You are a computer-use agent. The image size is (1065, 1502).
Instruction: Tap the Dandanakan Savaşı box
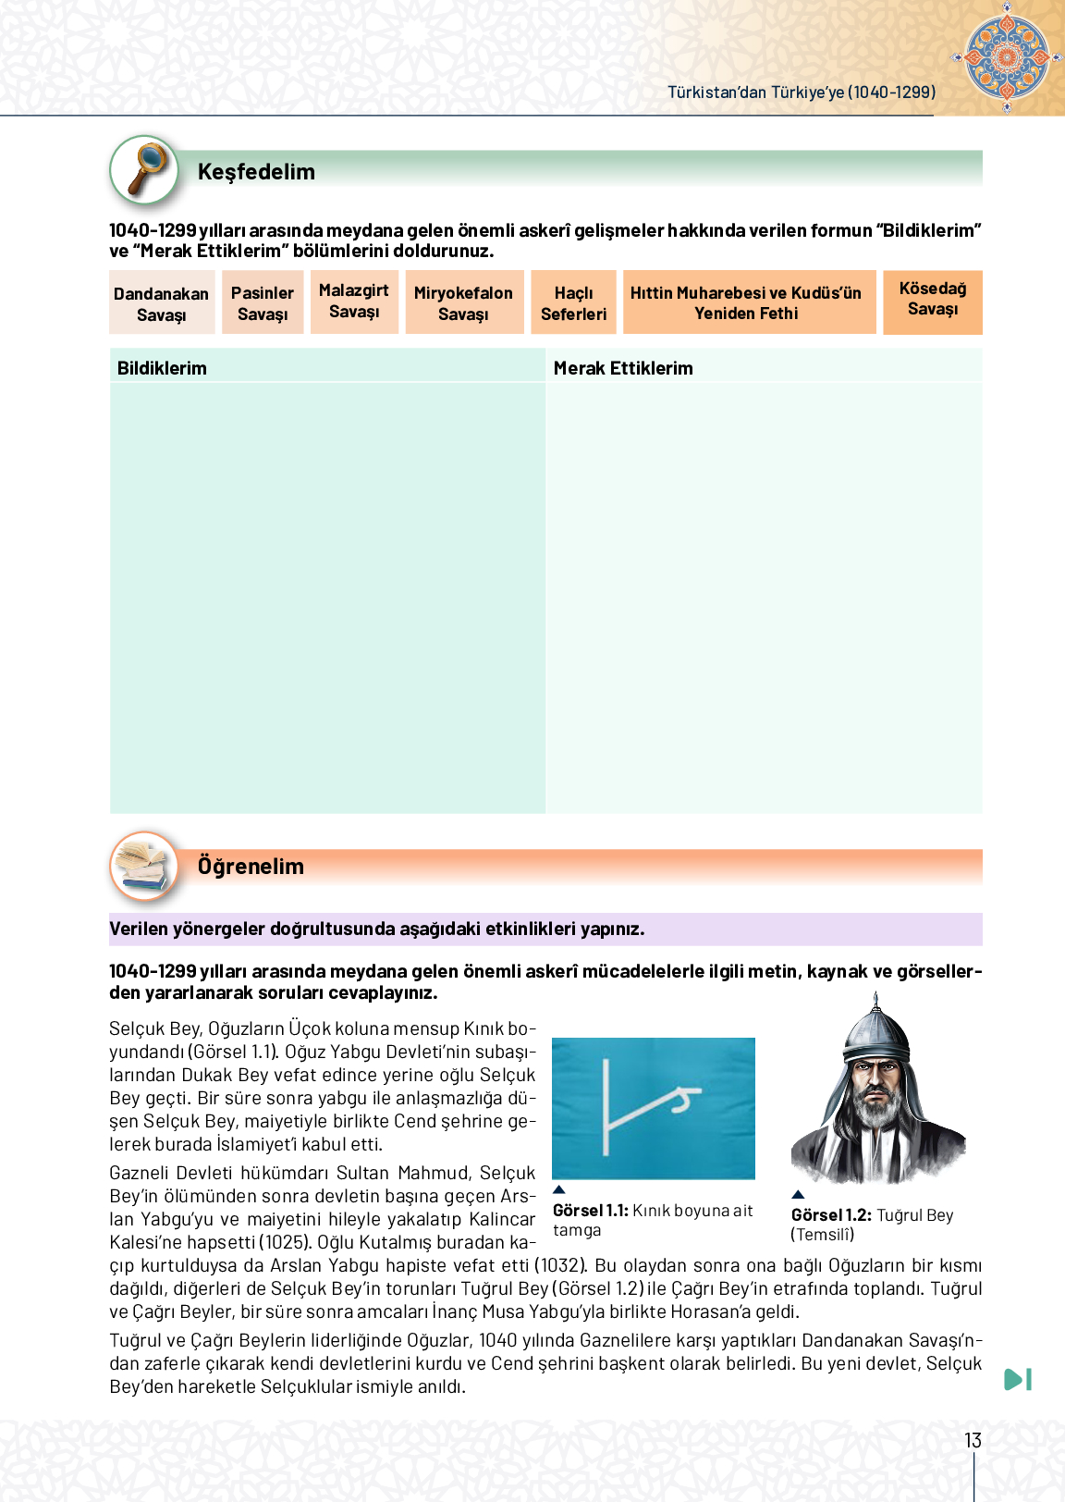162,303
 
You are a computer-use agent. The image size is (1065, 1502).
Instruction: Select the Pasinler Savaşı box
263,303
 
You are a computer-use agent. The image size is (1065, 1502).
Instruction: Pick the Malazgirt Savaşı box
354,302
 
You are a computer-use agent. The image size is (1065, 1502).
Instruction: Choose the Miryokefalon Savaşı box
463,303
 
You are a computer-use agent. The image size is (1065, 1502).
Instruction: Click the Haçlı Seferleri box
573,303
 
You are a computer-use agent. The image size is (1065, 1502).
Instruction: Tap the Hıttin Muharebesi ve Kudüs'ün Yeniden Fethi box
746,303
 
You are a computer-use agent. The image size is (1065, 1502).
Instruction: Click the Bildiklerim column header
163,368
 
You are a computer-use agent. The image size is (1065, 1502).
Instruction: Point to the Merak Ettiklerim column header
623,368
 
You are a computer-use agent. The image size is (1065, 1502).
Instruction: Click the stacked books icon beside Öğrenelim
144,866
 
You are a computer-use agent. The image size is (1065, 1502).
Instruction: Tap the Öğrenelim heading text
251,867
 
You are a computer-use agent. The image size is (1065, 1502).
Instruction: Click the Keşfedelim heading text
256,172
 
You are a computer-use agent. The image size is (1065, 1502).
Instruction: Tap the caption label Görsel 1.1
591,1211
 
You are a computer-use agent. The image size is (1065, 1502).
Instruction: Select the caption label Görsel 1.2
830,1215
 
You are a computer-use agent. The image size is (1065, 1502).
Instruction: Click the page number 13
973,1440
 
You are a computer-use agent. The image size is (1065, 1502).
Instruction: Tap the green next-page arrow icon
1018,1379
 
